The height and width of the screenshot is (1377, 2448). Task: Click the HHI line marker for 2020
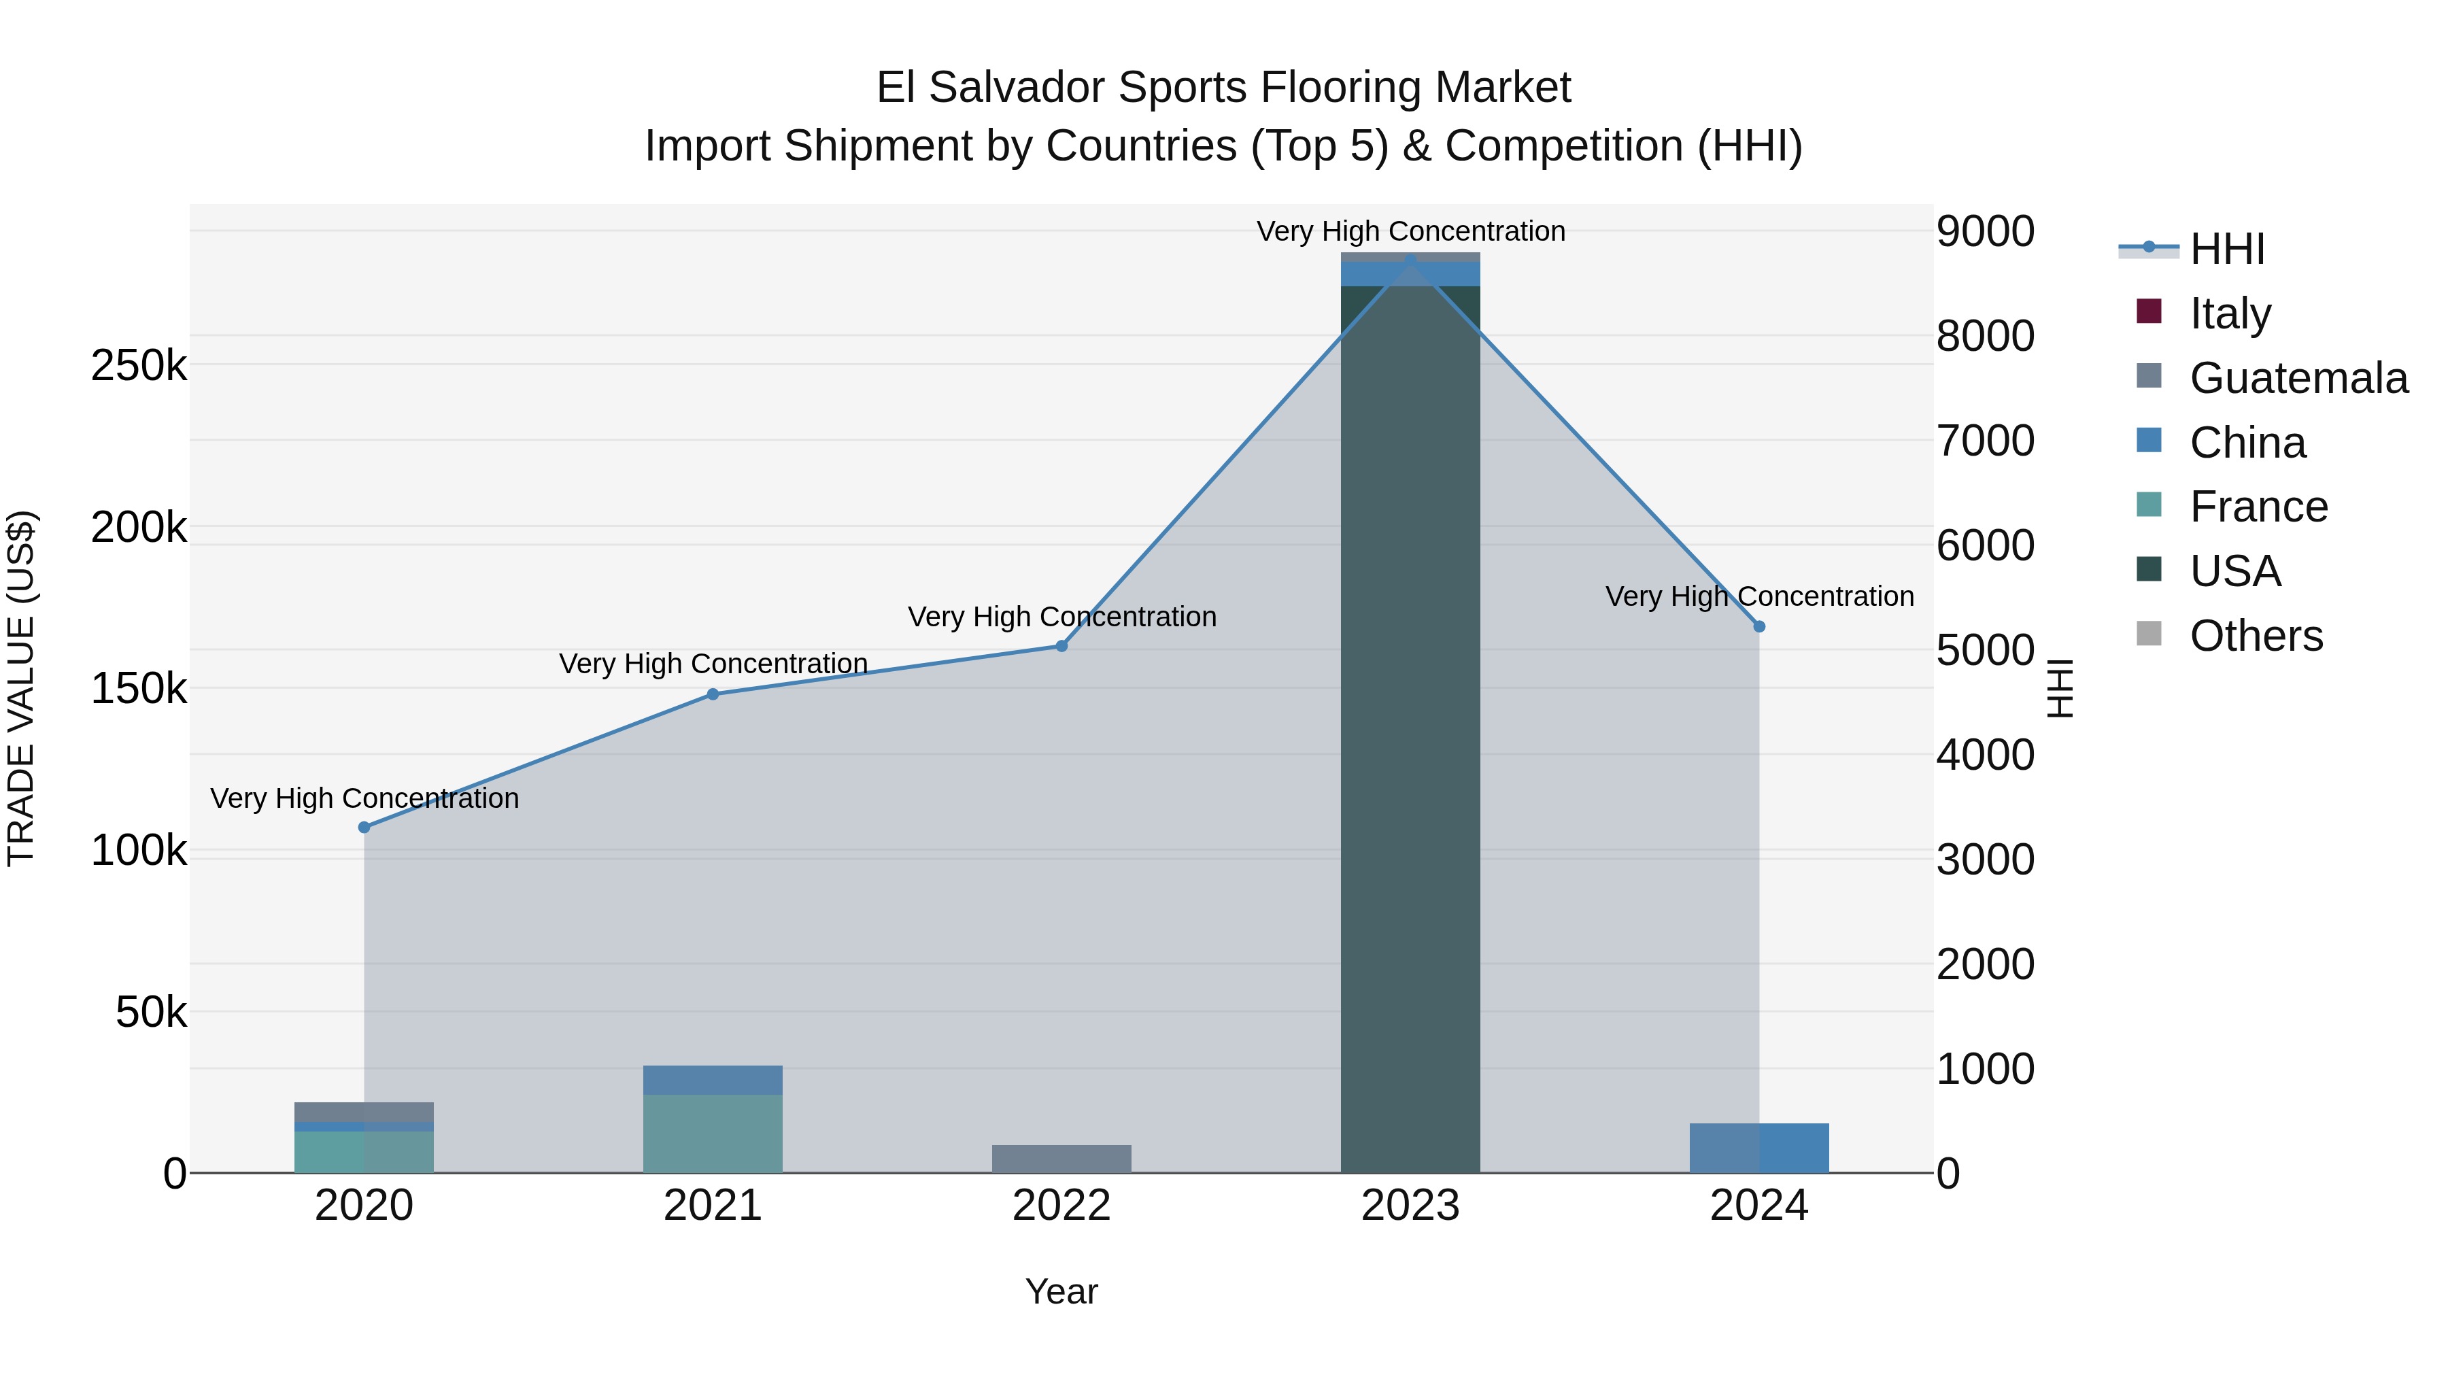pos(364,828)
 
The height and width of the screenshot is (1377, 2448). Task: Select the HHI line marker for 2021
pos(713,695)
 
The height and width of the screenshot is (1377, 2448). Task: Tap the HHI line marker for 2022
pos(1061,646)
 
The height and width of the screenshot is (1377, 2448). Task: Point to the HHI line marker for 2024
pos(1759,627)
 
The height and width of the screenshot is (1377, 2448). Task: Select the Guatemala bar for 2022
pos(1061,1159)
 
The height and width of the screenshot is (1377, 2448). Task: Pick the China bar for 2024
pos(1759,1149)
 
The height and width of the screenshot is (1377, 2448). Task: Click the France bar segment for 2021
pos(713,1134)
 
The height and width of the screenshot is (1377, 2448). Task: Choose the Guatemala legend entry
pos(2298,377)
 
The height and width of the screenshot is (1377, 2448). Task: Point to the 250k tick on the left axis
pos(139,366)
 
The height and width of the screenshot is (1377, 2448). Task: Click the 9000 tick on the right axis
pos(1985,231)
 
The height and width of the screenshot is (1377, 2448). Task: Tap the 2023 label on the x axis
pos(1410,1206)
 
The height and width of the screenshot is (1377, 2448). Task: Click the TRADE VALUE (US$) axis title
pos(21,688)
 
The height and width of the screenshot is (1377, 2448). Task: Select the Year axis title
pos(1061,1291)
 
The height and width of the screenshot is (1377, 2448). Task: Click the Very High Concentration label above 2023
pos(1410,231)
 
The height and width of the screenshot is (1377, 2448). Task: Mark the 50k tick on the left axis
pos(151,1013)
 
